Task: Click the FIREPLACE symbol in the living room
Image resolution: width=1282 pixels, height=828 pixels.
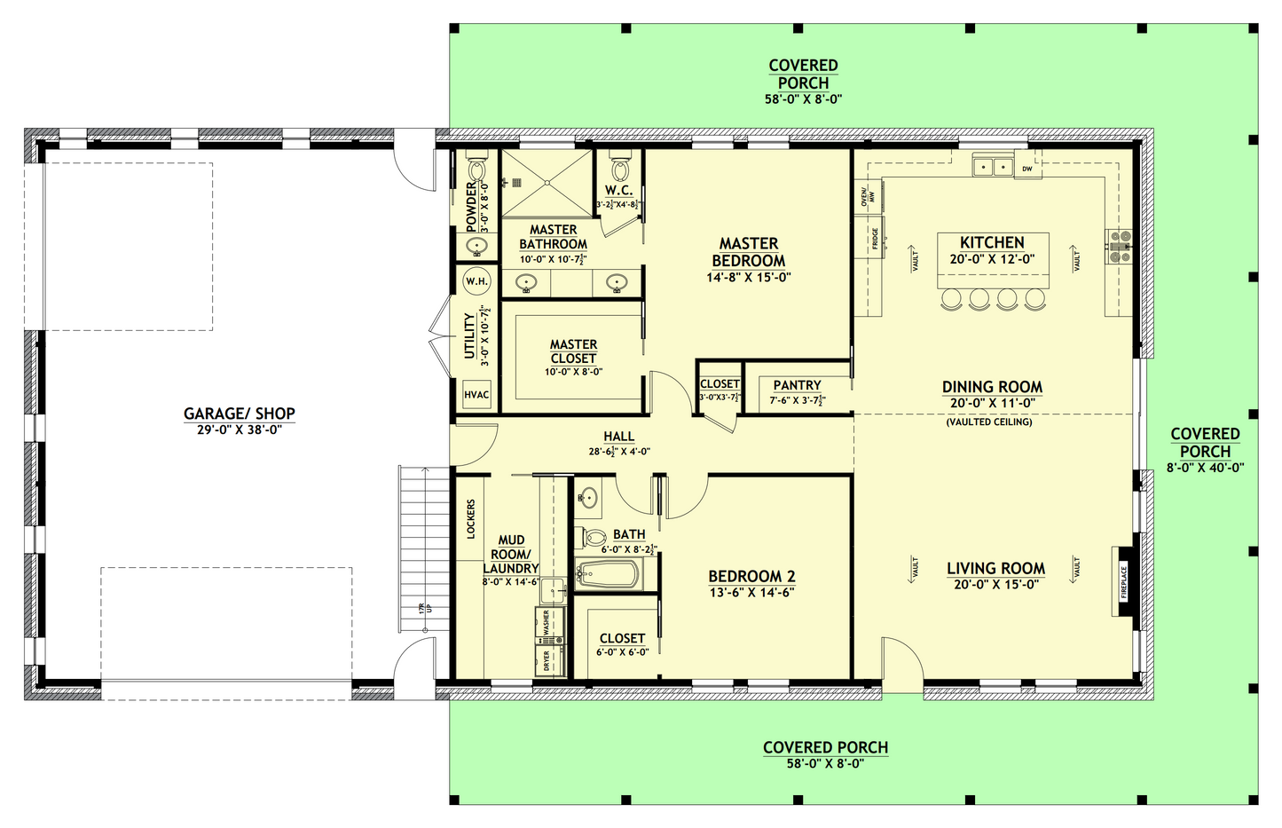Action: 1123,582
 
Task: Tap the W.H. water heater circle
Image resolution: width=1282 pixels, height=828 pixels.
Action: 476,281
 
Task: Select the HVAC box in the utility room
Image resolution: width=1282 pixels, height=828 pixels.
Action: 476,395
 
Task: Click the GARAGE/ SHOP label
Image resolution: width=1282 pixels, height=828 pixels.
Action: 239,414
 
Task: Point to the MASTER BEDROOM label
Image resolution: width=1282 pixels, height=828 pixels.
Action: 748,252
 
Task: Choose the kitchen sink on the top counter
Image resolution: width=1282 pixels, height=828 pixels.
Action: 993,166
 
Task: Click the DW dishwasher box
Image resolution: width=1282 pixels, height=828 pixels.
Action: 1027,168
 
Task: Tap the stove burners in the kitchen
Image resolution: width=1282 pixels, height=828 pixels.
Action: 1118,246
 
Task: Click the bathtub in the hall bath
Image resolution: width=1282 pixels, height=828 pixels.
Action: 606,575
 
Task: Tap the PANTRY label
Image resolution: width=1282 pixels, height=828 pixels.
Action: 797,385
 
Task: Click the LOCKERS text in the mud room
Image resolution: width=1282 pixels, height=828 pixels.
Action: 471,519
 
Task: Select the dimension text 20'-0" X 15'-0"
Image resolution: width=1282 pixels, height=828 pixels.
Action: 995,585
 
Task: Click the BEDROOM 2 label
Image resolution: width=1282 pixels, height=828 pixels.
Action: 751,576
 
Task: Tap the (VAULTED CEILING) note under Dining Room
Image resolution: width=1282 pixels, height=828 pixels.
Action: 988,422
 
